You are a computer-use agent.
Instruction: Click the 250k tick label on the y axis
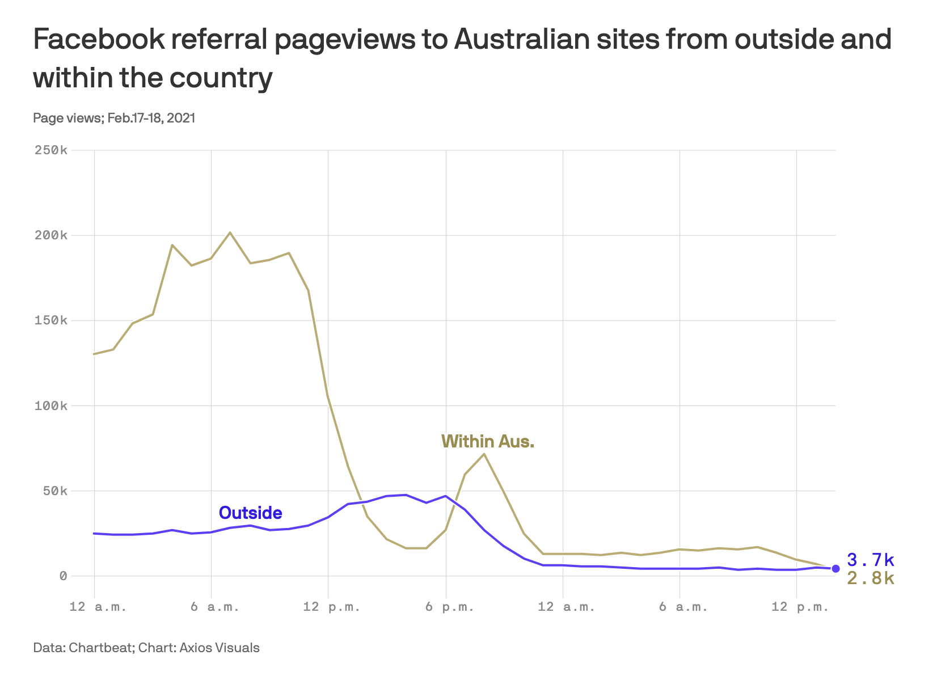[51, 150]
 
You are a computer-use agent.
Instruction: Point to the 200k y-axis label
[51, 235]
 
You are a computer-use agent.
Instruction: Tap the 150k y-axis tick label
[51, 320]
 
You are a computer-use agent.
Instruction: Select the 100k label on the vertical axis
[51, 406]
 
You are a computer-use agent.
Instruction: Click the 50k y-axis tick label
[55, 491]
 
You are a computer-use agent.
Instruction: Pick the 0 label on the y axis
[63, 576]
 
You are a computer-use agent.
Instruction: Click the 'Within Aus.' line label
[488, 441]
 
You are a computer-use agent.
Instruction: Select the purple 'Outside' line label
[250, 513]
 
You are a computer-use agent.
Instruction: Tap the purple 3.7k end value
[871, 560]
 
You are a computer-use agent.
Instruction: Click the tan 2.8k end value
[871, 578]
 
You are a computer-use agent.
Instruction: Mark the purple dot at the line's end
[835, 568]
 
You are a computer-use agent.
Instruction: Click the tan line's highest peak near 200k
[230, 233]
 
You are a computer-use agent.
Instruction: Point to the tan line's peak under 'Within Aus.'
[484, 454]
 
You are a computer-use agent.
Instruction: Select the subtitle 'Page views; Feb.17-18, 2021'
[114, 118]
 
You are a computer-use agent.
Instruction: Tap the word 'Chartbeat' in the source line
[100, 648]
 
